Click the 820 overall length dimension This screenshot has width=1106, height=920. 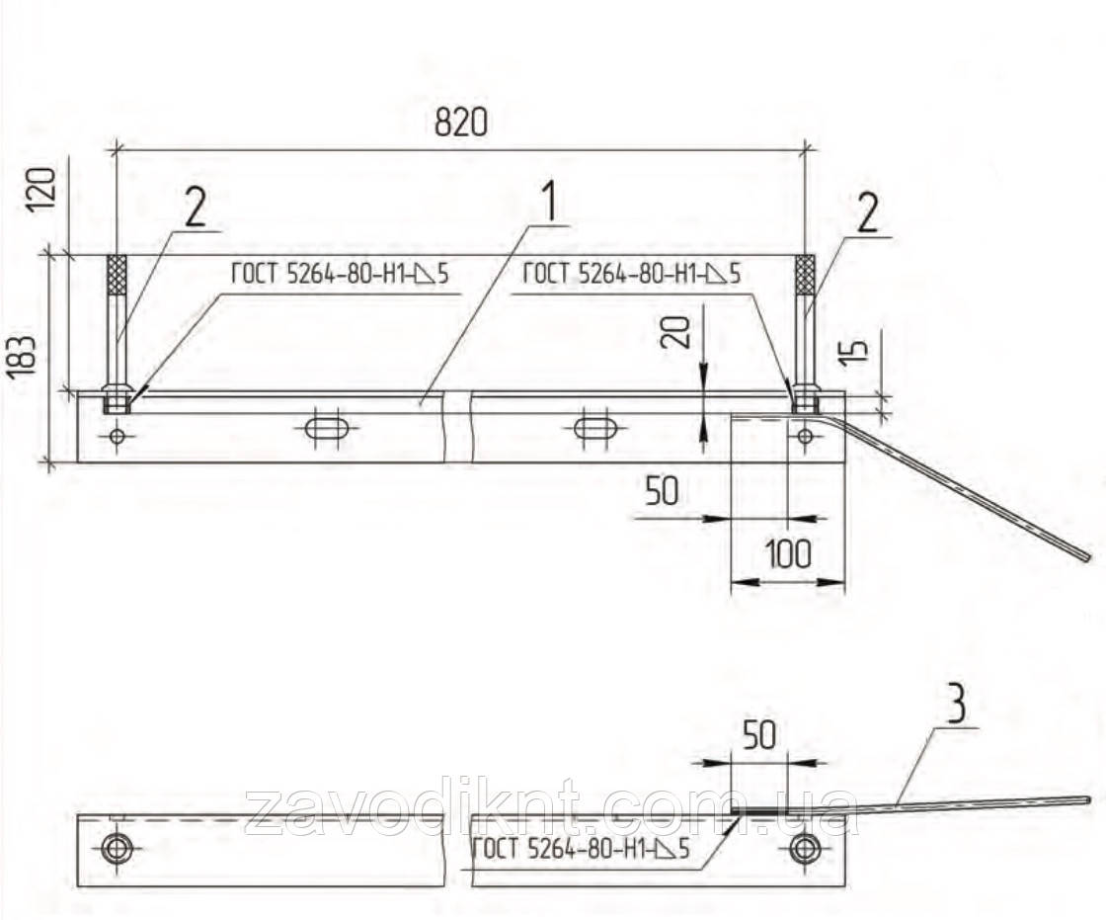coord(460,122)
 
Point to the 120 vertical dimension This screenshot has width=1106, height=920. coord(40,189)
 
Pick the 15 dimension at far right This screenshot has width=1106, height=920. coord(854,352)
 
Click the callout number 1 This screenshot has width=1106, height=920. coord(547,201)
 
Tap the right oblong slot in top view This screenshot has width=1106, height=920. coord(596,428)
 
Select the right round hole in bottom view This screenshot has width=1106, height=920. coord(805,848)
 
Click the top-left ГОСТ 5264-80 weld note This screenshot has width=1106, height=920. coord(340,274)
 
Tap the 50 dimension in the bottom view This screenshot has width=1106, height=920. coord(759,735)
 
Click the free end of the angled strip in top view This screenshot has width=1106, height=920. coord(1087,557)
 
